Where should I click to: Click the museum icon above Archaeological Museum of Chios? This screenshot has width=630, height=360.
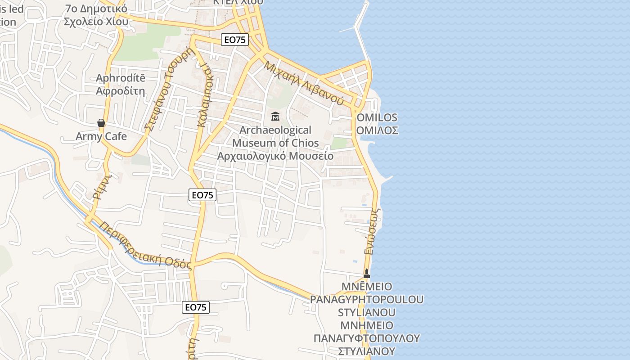(275, 117)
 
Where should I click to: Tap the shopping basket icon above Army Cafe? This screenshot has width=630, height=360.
(101, 123)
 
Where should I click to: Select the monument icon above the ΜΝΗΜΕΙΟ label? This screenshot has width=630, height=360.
(366, 273)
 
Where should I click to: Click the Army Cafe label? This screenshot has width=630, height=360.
(101, 136)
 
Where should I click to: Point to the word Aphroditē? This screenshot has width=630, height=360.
(121, 78)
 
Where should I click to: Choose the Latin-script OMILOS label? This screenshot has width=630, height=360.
(377, 118)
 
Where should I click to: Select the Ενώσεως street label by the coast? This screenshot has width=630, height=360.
(373, 231)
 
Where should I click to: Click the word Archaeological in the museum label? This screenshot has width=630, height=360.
(275, 130)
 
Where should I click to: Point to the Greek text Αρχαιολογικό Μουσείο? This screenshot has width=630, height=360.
(275, 156)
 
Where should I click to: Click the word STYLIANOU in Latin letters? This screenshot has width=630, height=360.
(367, 312)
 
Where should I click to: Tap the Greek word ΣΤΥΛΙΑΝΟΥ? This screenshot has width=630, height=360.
(367, 351)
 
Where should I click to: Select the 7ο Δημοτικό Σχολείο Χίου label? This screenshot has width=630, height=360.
(96, 15)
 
